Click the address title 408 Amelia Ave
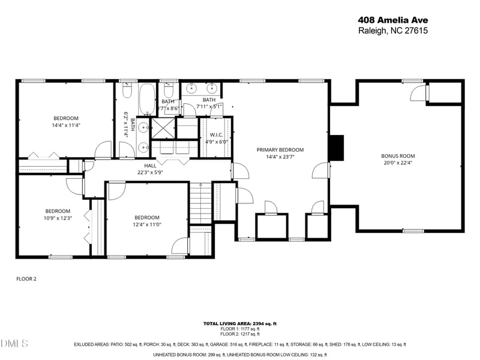pos(392,19)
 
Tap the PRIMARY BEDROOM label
pos(280,150)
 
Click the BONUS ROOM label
pos(398,156)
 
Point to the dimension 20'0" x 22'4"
pos(398,163)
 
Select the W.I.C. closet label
pos(217,136)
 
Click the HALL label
pos(150,166)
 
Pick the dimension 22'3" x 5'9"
pos(150,172)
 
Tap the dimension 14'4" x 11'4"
pos(65,126)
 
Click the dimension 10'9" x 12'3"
pos(58,218)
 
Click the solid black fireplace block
pos(337,148)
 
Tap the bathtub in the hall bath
pos(148,98)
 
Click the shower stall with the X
pos(162,128)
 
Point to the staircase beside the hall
pos(201,202)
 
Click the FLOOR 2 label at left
pos(26,279)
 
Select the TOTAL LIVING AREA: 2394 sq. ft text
pos(239,323)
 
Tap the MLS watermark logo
pos(14,343)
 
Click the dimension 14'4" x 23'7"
pos(280,157)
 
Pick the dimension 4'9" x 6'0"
pos(217,142)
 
